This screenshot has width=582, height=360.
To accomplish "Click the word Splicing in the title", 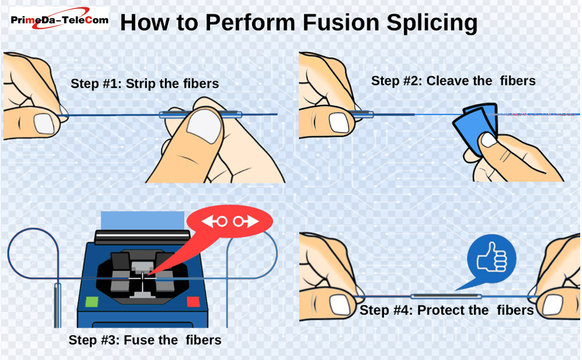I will coord(423,23).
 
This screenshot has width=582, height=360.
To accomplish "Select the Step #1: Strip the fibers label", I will coord(145,84).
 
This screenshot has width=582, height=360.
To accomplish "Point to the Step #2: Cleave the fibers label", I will coord(453,81).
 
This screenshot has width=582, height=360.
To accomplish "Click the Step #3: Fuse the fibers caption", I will coord(145,340).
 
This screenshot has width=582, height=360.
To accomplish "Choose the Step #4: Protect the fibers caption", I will coord(446,310).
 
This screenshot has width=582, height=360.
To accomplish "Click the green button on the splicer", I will coord(91,301).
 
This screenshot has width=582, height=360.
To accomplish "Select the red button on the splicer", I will coord(193,301).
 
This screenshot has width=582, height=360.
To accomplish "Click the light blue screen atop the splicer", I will coord(142,220).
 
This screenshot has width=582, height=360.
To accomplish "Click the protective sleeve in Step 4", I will coord(446,296).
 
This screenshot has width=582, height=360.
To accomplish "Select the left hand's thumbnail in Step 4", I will coord(340,305).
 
